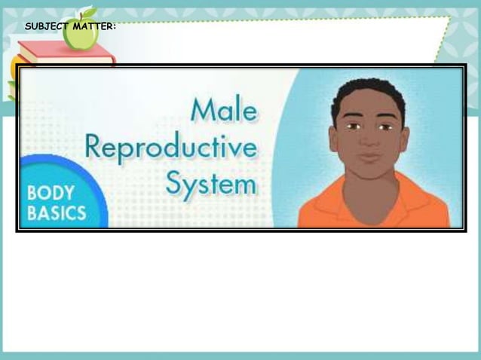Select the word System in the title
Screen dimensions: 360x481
tap(212, 183)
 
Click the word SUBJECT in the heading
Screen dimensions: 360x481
tap(47, 26)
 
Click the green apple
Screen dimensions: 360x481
tap(80, 35)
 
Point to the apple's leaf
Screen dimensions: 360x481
tap(89, 13)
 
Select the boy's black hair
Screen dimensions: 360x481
tap(368, 94)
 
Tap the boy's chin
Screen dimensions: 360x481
tap(369, 173)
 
